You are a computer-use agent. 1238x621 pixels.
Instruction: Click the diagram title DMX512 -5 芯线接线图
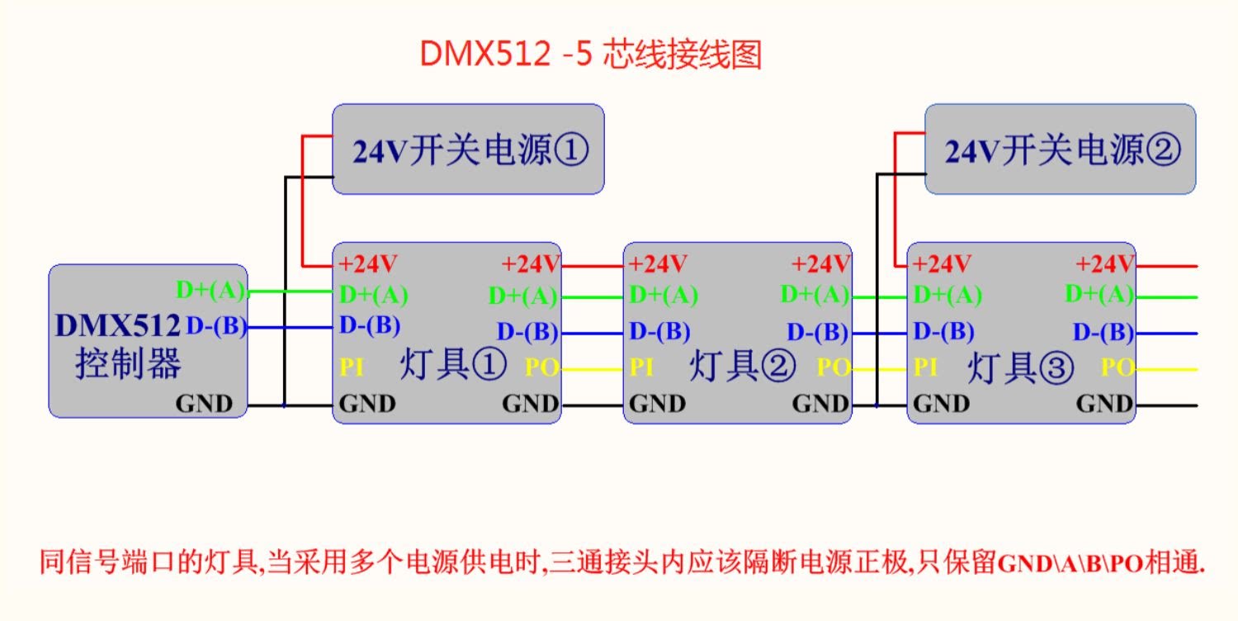pyautogui.click(x=590, y=55)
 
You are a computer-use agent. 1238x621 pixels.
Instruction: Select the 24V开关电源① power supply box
pyautogui.click(x=468, y=149)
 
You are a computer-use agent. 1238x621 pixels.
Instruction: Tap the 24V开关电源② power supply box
pyautogui.click(x=1060, y=149)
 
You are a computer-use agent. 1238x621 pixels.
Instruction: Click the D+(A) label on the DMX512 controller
pyautogui.click(x=211, y=290)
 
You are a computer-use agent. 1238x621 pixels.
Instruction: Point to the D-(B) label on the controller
pyautogui.click(x=216, y=327)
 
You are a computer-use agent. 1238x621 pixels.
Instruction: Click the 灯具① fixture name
pyautogui.click(x=453, y=366)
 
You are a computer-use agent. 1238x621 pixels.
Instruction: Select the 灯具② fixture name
pyautogui.click(x=742, y=366)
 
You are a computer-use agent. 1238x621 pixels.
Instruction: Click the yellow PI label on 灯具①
pyautogui.click(x=352, y=367)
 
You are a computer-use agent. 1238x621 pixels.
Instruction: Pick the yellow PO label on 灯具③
pyautogui.click(x=1118, y=367)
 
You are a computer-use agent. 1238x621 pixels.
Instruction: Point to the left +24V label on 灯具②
pyautogui.click(x=658, y=264)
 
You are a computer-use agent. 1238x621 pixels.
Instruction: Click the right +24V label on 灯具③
pyautogui.click(x=1105, y=264)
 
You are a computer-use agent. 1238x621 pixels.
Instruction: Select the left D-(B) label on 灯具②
pyautogui.click(x=659, y=332)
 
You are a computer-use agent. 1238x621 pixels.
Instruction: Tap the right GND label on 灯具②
pyautogui.click(x=820, y=404)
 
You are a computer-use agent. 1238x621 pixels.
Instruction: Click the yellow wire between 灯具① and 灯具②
pyautogui.click(x=592, y=368)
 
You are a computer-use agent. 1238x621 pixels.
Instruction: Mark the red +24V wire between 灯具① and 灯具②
pyautogui.click(x=592, y=266)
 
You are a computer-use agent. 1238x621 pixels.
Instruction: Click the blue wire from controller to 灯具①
pyautogui.click(x=289, y=328)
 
